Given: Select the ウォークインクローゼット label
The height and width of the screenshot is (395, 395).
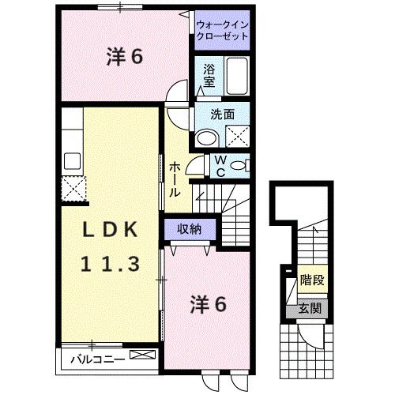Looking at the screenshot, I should click(222, 31).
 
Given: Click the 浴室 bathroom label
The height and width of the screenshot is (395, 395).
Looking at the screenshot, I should click(209, 74).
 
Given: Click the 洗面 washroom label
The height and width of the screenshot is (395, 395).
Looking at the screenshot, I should click(222, 115).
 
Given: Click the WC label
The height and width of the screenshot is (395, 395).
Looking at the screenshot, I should click(221, 166).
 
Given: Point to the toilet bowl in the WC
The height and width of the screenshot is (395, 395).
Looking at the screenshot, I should click(241, 165).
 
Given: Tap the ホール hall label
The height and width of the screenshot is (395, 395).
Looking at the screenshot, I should click(175, 178).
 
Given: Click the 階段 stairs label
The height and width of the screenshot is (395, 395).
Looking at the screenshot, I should click(312, 280).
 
